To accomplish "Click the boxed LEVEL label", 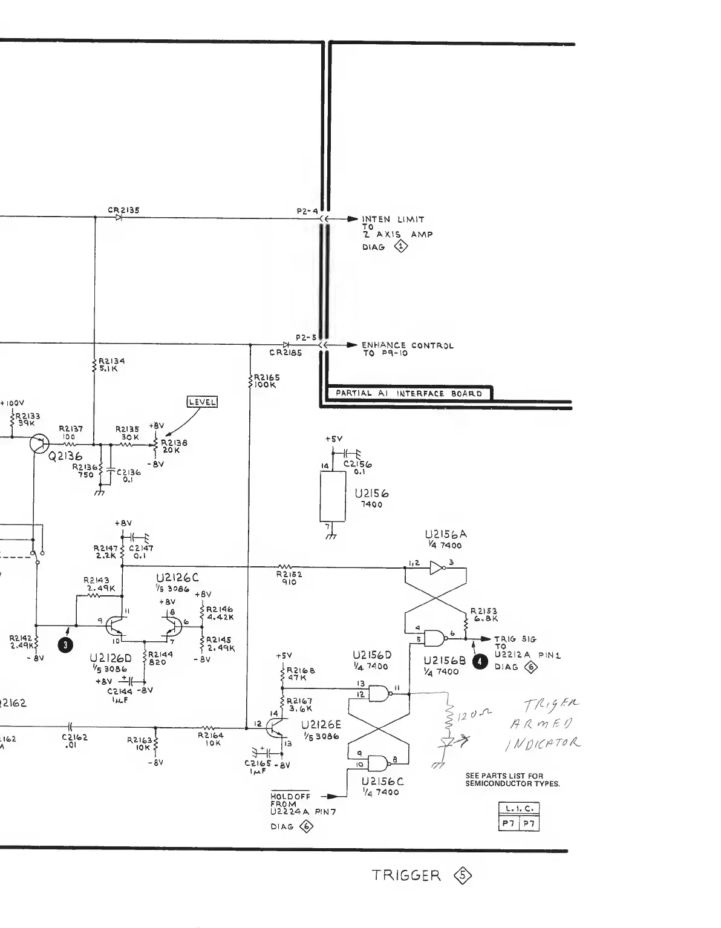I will click(x=202, y=402).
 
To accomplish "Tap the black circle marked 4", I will click(x=480, y=662).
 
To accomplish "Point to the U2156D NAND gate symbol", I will click(x=380, y=693).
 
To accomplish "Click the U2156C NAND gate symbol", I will click(x=380, y=762).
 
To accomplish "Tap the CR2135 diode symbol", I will click(x=119, y=218).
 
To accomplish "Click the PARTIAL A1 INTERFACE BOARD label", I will click(x=408, y=393).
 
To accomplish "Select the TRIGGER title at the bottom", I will click(x=406, y=875).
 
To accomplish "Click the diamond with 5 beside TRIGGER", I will click(x=464, y=875).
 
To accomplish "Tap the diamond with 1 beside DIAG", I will click(x=400, y=246).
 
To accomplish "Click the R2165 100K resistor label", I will click(x=266, y=381).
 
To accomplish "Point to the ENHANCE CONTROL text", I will click(x=407, y=345).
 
